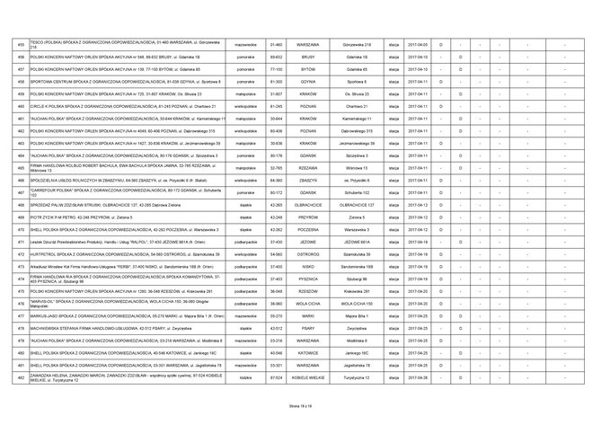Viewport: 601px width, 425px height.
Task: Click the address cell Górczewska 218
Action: tap(358, 43)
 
